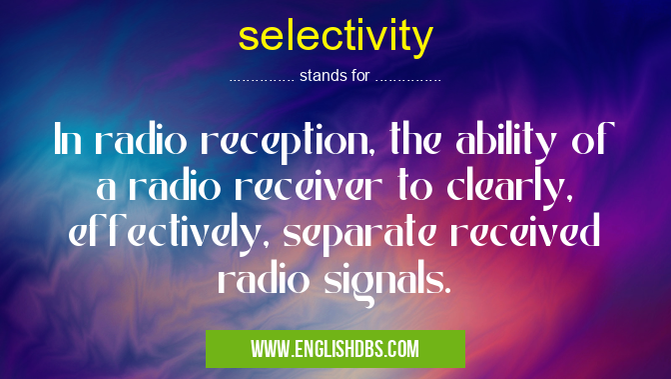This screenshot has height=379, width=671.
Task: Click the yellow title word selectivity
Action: pyautogui.click(x=335, y=38)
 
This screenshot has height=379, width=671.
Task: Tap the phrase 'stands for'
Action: pyautogui.click(x=335, y=75)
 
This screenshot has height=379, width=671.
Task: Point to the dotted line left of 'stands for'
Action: pyautogui.click(x=262, y=77)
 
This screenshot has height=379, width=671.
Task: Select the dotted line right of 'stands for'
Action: pyautogui.click(x=408, y=77)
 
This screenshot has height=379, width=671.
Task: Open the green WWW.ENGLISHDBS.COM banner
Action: pyautogui.click(x=335, y=349)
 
